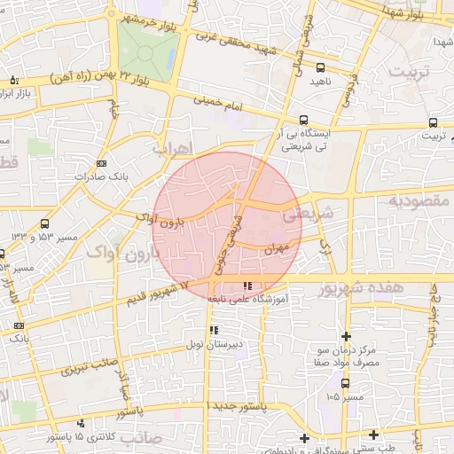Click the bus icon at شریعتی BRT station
tap(305, 120)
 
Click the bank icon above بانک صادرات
tap(101, 163)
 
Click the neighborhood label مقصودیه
tap(418, 202)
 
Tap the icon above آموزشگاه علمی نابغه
tap(247, 286)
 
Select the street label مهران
tap(276, 249)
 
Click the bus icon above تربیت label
tap(433, 122)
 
